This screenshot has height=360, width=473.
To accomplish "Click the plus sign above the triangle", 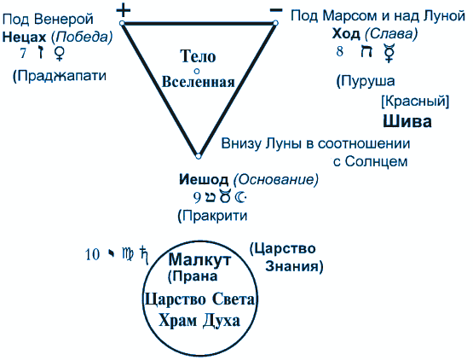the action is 124,10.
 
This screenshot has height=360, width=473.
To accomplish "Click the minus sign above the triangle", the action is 276,10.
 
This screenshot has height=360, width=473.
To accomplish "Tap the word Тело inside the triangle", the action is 198,56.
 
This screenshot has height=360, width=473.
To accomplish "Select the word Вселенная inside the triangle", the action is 199,82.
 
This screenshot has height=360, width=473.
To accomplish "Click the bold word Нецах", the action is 24,38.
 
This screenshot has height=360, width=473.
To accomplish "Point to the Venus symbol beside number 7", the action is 60,53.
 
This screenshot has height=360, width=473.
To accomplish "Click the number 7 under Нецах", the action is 23,53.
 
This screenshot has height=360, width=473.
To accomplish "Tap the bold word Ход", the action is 346,33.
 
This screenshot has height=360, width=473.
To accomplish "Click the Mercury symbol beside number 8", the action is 389,53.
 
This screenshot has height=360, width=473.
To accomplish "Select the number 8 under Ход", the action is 340,51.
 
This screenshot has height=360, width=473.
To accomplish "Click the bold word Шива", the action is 407,121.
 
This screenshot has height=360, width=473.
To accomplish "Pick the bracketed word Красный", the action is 415,102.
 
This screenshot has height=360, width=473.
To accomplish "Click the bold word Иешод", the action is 204,179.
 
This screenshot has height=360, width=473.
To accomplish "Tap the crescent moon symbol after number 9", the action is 240,197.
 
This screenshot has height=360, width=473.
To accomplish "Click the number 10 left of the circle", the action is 92,254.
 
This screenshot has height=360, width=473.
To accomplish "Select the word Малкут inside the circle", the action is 199,259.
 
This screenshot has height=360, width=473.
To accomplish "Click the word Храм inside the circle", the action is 178,321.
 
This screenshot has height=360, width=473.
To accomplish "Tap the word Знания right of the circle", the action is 294,266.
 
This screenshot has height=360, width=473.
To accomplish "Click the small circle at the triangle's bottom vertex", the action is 199,156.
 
